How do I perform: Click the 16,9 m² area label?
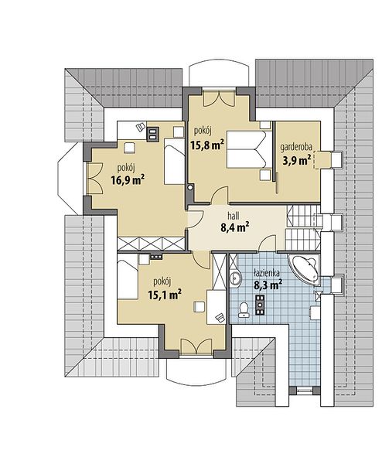128,179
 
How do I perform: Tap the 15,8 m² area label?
206,145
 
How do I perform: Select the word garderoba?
296,147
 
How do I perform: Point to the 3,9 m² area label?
297,160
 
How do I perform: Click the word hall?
234,216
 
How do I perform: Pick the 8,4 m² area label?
234,227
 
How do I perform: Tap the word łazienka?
268,274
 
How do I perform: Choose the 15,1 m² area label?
165,295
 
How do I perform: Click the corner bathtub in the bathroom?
305,269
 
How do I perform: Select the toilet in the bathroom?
244,309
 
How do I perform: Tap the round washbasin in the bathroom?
236,278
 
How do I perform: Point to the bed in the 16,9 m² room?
174,162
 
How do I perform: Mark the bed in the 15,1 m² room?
128,280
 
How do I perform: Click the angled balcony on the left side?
70,179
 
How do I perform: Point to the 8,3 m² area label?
268,285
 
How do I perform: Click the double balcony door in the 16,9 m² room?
95,178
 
